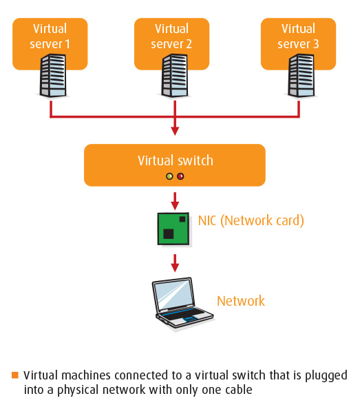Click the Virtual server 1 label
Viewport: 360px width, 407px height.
click(50, 36)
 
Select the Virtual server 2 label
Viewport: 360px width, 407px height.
click(171, 36)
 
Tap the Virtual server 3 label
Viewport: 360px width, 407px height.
click(298, 36)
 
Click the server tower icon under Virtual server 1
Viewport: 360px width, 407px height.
click(53, 76)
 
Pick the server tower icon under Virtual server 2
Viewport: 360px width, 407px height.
click(175, 76)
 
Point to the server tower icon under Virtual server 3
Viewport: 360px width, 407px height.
click(301, 76)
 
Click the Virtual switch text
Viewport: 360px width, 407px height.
click(176, 160)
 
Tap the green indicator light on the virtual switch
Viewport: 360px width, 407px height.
click(169, 176)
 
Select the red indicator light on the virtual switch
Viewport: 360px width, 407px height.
click(180, 176)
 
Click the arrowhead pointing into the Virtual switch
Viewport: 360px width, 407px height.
click(175, 131)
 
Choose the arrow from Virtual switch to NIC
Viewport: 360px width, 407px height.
click(175, 201)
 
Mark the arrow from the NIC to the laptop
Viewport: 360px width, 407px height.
click(175, 263)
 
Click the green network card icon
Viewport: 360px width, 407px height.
click(173, 229)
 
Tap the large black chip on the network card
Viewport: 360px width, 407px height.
click(169, 234)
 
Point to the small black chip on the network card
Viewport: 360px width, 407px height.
click(182, 219)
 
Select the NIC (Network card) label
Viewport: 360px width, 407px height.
click(251, 221)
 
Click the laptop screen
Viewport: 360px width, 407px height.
click(174, 295)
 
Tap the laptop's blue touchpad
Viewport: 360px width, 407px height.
click(190, 319)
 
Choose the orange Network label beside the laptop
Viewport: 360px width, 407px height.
click(241, 301)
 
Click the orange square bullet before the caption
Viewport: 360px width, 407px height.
click(15, 375)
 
